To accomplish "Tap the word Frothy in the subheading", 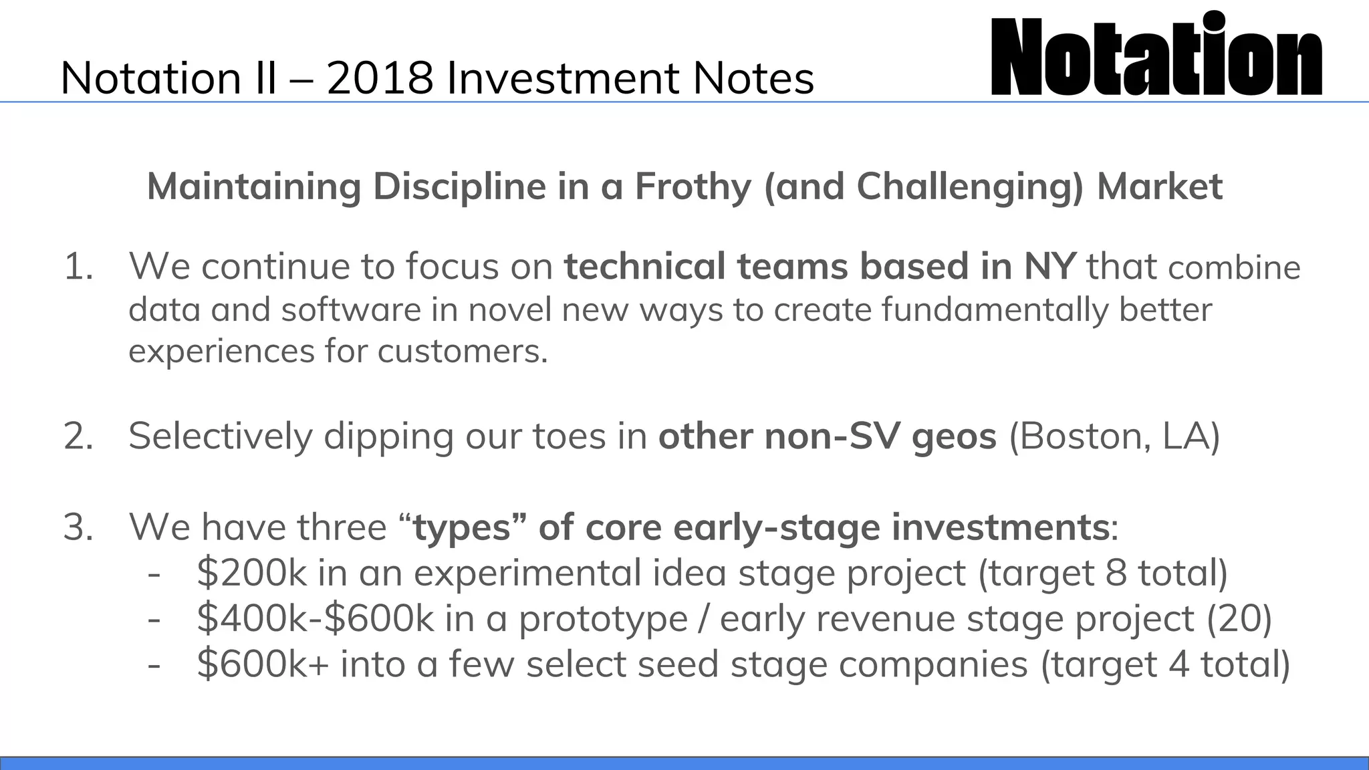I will [x=693, y=186].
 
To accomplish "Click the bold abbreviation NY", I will [x=1049, y=266].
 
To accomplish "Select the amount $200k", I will [x=251, y=573].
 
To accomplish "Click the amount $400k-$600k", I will [x=316, y=619].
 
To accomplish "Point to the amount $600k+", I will [x=263, y=664].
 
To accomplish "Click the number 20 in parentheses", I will [x=1239, y=619].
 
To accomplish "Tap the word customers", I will [x=462, y=352].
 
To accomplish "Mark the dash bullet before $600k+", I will [x=154, y=664].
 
